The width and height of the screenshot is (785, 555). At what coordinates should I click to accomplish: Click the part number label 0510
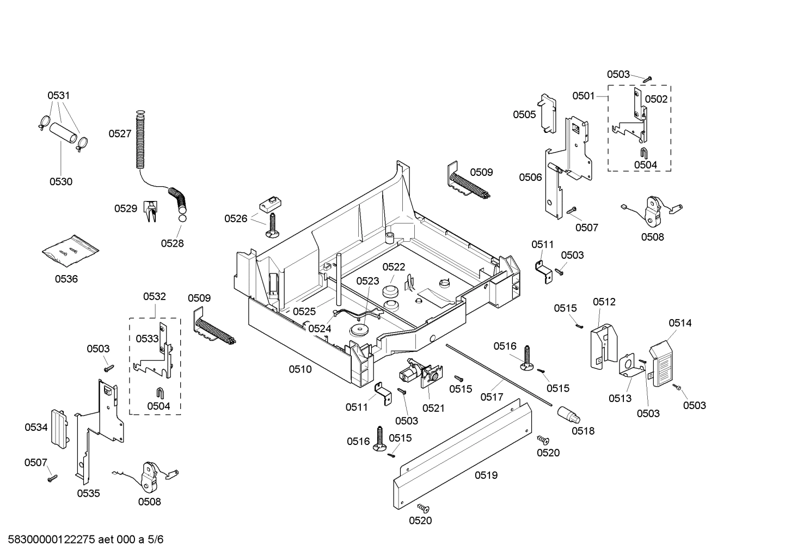click(300, 370)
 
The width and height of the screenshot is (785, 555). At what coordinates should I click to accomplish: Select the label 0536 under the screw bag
click(66, 279)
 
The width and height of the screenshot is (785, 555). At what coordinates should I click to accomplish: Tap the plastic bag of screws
click(71, 251)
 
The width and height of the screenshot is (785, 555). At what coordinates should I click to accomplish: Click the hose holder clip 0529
click(150, 211)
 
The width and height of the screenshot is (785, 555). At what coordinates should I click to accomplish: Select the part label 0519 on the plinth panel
click(486, 475)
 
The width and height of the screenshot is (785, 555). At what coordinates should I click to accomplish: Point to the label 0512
click(604, 302)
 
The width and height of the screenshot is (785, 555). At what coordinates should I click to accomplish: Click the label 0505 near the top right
click(524, 114)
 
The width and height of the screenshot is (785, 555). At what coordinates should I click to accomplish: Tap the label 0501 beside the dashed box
click(583, 96)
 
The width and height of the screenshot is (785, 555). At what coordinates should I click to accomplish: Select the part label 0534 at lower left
click(36, 428)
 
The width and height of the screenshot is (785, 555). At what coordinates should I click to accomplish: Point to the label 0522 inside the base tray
click(393, 267)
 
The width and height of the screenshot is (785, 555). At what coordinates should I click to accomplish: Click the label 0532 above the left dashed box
click(155, 297)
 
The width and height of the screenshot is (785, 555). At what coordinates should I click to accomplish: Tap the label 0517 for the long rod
click(492, 397)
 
